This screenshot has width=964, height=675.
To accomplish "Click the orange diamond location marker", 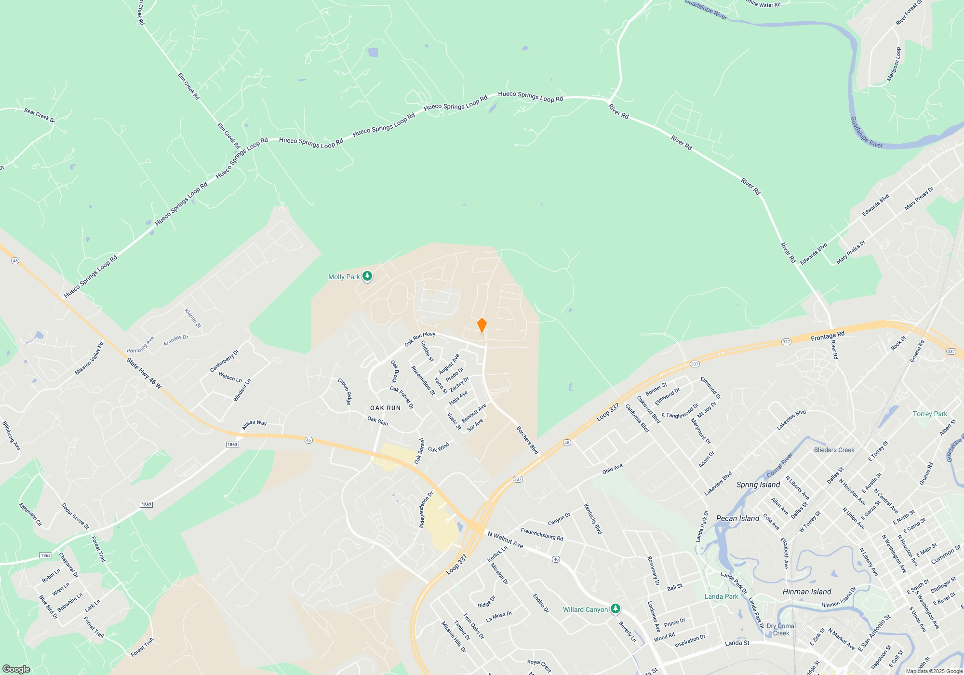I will pos(482,325).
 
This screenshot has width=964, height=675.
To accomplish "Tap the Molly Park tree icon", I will pos(367,276).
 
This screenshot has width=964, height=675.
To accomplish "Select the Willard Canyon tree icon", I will pos(615,609).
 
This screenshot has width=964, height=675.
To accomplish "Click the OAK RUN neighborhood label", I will pos(385,408).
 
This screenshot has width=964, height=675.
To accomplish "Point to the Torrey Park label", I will pos(930,414).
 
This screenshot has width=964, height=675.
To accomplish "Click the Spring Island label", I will pos(758,485).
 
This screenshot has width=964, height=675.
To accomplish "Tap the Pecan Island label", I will pos(737,518).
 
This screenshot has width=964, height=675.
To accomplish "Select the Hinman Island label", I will pos(807,592).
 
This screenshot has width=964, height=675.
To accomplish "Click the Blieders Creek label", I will pos(834,450).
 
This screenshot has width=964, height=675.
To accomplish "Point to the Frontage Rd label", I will pos(828,336).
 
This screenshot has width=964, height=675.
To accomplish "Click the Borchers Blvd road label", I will pos(527,440).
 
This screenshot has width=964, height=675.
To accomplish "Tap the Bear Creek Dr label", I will pos(40,115).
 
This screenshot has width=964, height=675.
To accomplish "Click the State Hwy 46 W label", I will pos(144,373).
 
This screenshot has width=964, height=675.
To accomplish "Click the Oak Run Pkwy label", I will pos(420,339).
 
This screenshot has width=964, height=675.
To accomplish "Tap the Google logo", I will pos(16,669).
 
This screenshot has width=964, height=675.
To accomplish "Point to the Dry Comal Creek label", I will pos(781,630).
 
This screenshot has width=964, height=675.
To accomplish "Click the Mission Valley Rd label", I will pos(89,359).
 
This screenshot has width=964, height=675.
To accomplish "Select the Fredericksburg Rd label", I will pos(542,535).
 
